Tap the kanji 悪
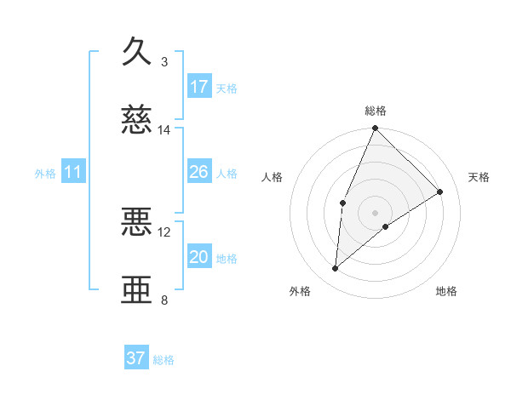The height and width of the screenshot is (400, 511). (x=137, y=222)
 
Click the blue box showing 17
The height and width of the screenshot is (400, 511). (x=199, y=87)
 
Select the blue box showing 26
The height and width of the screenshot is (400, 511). (x=199, y=172)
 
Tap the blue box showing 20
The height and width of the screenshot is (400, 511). (x=199, y=257)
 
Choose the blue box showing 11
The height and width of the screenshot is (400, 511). (x=72, y=173)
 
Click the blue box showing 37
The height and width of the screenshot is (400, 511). (x=136, y=358)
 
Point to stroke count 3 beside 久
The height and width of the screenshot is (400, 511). (x=164, y=62)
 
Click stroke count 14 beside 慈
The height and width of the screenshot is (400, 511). (x=164, y=130)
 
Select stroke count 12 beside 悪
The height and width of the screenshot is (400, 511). (x=164, y=231)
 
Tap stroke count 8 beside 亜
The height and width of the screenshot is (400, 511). (x=164, y=300)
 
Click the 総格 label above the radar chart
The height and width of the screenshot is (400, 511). (x=376, y=111)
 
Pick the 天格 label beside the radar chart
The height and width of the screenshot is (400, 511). (x=479, y=177)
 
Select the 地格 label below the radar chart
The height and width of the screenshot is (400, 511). (x=446, y=291)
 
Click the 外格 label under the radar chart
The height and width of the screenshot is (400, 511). (x=300, y=291)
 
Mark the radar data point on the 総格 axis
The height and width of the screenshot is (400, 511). (x=376, y=129)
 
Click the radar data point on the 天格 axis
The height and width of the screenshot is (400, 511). (x=440, y=191)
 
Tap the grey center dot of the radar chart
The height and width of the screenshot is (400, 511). (x=376, y=212)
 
